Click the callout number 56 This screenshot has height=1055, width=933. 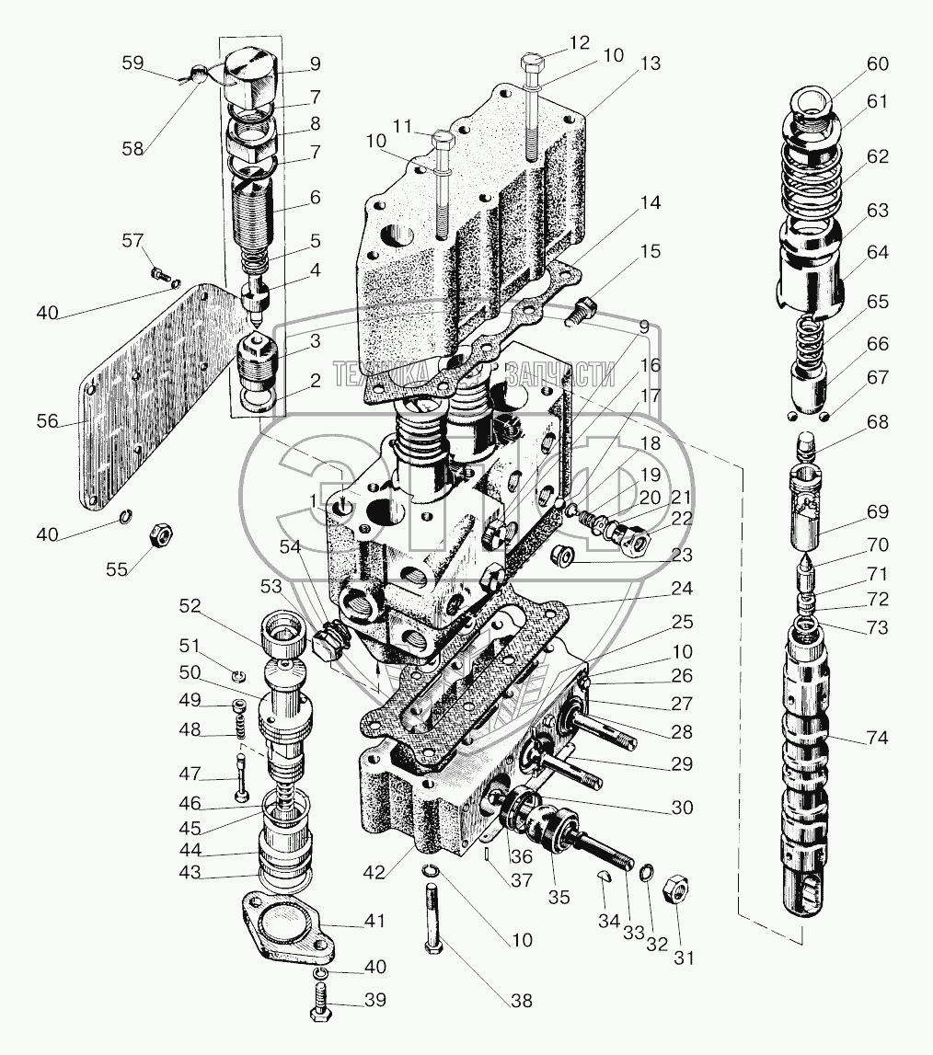48,422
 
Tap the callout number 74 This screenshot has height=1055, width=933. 877,738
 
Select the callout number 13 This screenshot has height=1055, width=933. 650,63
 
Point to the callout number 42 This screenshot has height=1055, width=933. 374,873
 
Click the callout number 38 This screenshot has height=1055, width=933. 521,1001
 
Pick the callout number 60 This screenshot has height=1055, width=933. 877,63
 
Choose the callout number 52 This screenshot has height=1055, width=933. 190,606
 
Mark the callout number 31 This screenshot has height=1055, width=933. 684,958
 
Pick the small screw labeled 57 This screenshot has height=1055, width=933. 159,273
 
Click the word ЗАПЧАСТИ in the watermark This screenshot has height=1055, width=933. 560,374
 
